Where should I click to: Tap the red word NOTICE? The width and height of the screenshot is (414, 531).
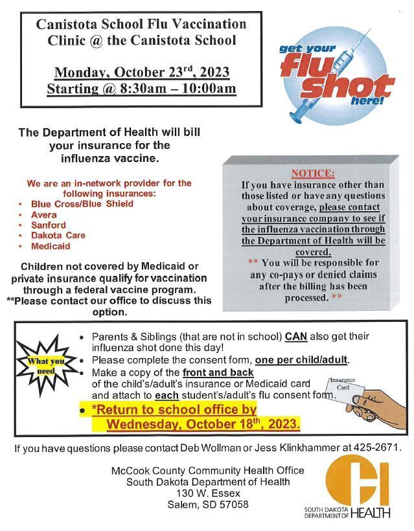(x=313, y=174)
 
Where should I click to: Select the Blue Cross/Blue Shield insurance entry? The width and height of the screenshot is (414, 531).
(x=82, y=204)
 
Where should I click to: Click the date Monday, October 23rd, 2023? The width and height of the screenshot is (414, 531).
(x=141, y=72)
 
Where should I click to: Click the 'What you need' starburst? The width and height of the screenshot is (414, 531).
(x=46, y=366)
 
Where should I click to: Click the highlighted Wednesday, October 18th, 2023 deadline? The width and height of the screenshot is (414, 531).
(x=203, y=425)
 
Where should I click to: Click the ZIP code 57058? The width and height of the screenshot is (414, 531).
(x=235, y=504)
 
